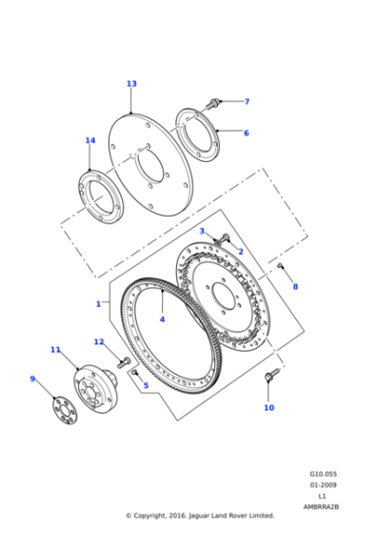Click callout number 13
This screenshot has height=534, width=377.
(x=131, y=84)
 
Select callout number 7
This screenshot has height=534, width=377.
(x=246, y=101)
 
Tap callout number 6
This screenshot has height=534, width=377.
(x=246, y=133)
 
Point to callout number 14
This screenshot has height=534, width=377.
(x=89, y=141)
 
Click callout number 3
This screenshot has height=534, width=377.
(x=202, y=231)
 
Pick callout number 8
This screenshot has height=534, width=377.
(x=295, y=286)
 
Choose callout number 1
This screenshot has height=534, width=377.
(x=97, y=304)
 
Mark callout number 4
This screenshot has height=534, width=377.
(x=162, y=318)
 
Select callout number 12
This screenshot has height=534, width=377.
(x=99, y=341)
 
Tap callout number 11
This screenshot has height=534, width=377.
(x=55, y=350)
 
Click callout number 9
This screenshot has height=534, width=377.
(x=32, y=379)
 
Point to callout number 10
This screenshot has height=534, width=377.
(x=268, y=407)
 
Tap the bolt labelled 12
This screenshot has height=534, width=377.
(x=124, y=361)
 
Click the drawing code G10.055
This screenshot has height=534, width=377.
(x=324, y=473)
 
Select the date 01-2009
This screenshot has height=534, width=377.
(x=324, y=484)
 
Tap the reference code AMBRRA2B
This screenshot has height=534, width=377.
(x=322, y=506)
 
